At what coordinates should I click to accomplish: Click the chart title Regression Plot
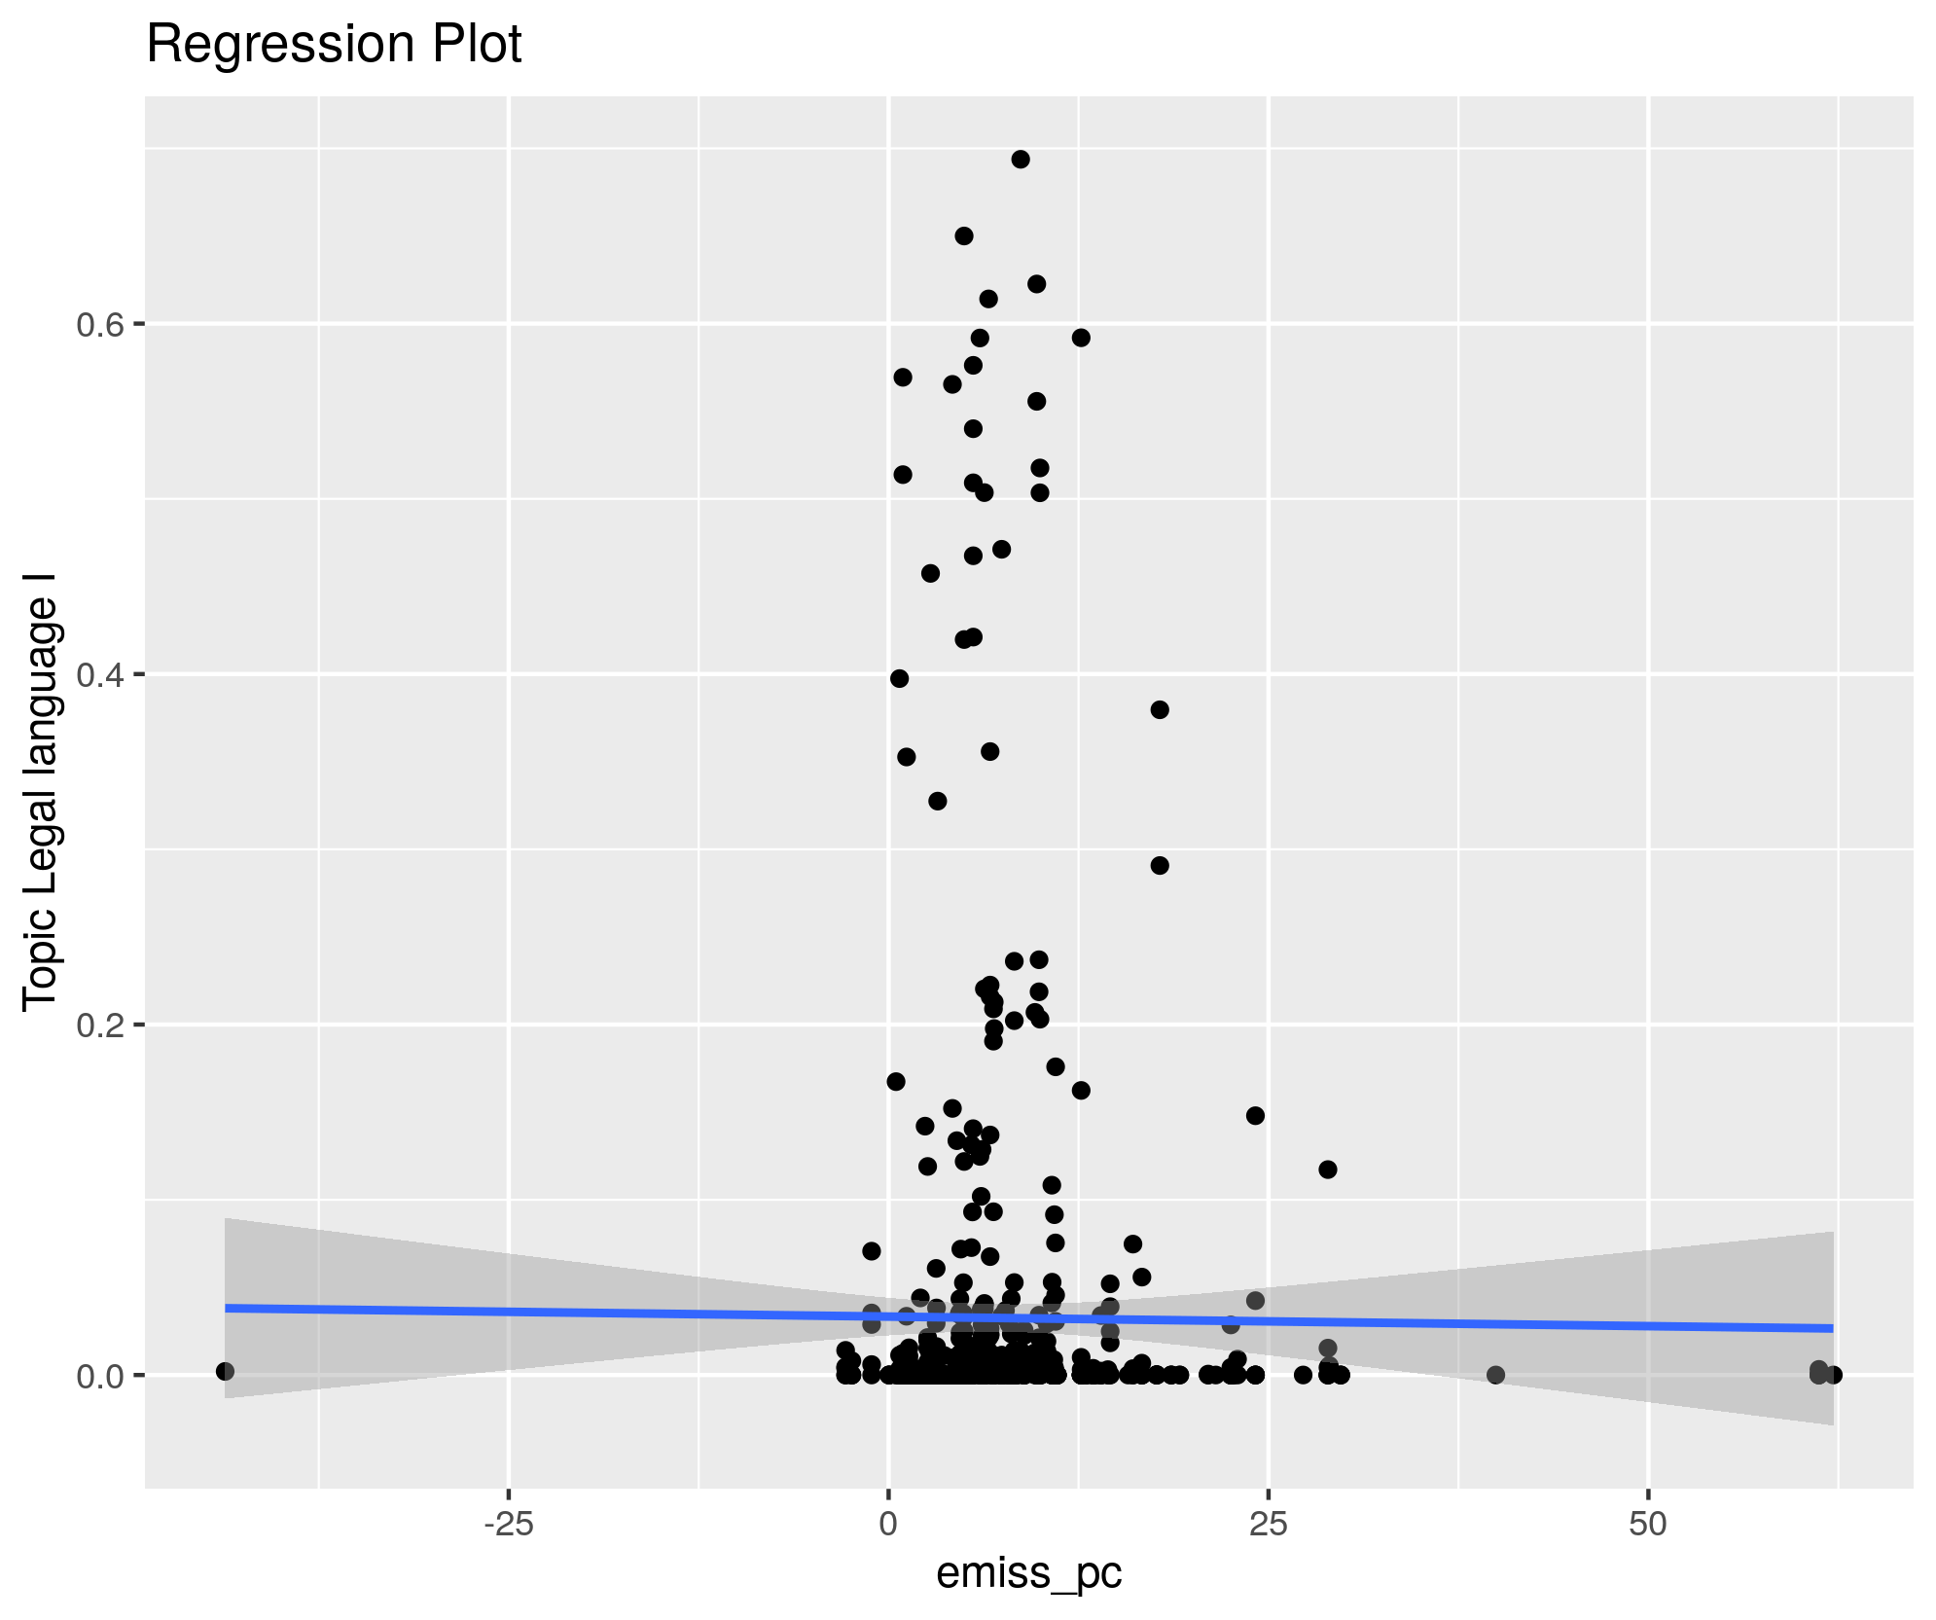(334, 45)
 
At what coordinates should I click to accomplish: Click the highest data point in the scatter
(1021, 160)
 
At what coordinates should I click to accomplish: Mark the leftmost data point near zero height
(225, 1371)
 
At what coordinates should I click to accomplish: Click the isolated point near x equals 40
(1496, 1375)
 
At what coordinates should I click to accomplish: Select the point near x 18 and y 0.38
(1160, 709)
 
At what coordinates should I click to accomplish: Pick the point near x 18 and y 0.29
(1160, 865)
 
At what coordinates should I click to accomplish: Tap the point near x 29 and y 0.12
(1328, 1170)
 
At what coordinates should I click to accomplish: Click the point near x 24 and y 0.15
(1255, 1115)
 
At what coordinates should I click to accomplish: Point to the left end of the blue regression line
(227, 1308)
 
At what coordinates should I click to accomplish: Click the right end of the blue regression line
(1832, 1328)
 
